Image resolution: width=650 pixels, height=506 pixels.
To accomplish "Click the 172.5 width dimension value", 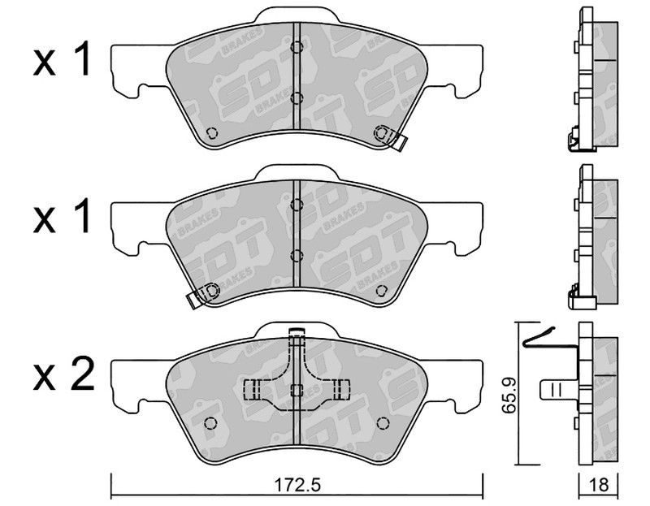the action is [298, 484].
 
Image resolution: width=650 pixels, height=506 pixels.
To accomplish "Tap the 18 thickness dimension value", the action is [598, 484].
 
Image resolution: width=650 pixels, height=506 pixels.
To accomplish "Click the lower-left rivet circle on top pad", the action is [211, 132].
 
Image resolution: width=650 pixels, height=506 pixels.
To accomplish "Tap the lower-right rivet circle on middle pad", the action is [381, 291].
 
